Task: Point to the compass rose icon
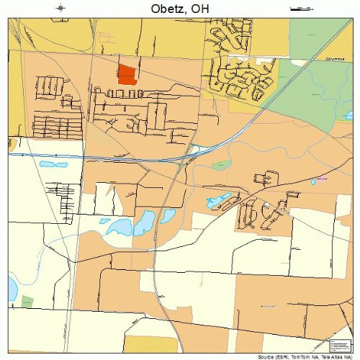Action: tap(62, 9)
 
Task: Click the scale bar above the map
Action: tap(297, 9)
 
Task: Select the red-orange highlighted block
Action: tap(127, 74)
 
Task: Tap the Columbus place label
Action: tap(336, 59)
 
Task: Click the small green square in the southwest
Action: tap(27, 301)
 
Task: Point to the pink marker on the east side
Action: tap(322, 177)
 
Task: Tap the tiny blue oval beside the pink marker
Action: tap(313, 181)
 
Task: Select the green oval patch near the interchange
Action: tap(222, 165)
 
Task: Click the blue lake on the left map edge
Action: tap(12, 288)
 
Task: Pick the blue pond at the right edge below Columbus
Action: tap(348, 114)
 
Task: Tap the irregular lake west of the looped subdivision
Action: tap(219, 199)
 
